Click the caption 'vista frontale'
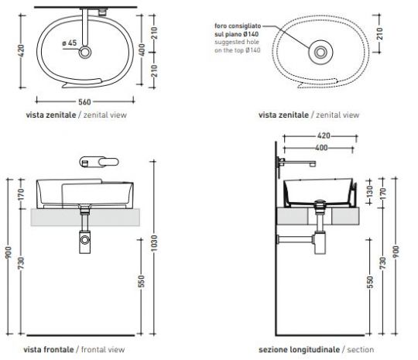43,349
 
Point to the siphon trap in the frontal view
83,239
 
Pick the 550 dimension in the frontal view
142,283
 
